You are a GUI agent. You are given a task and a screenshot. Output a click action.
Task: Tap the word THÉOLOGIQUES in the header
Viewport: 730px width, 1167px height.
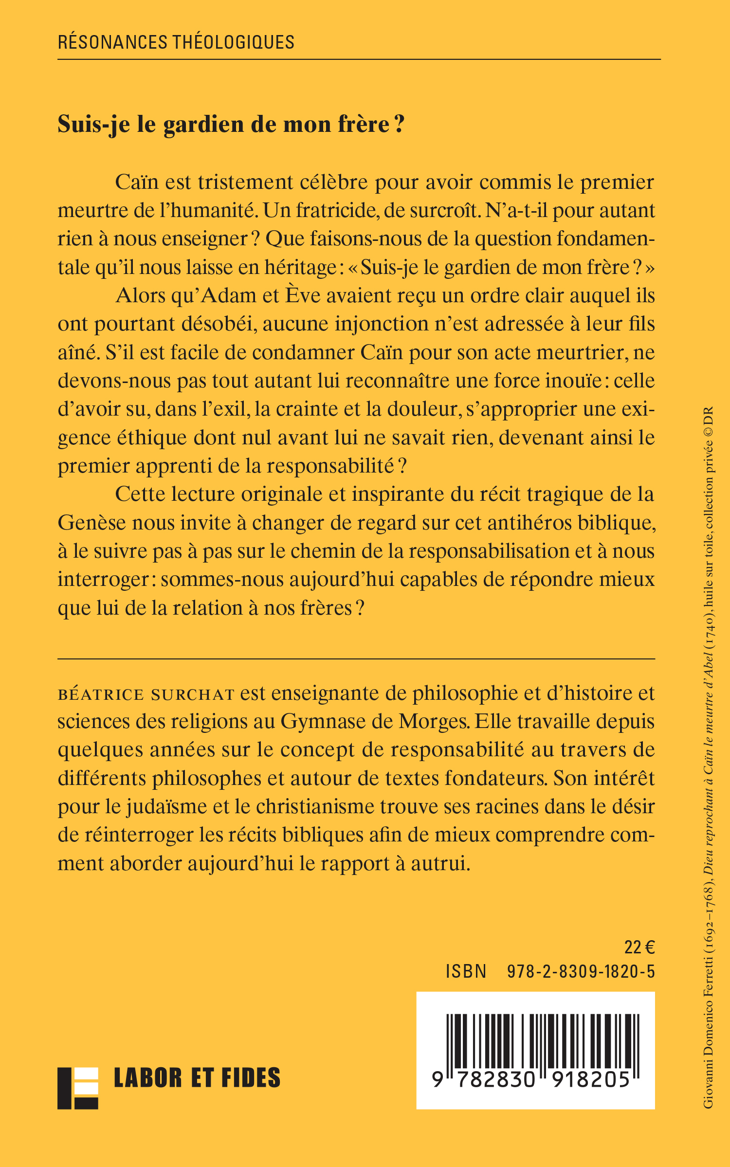point(234,42)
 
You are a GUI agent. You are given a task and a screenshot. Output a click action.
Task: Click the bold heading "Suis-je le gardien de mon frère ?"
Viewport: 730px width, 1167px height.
point(231,125)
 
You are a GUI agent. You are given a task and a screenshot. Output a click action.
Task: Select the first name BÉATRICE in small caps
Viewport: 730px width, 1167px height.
point(101,694)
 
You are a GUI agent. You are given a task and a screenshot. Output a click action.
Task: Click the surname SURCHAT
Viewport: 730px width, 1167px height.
point(193,694)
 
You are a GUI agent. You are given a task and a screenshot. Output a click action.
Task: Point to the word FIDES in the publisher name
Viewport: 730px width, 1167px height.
point(251,1078)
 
